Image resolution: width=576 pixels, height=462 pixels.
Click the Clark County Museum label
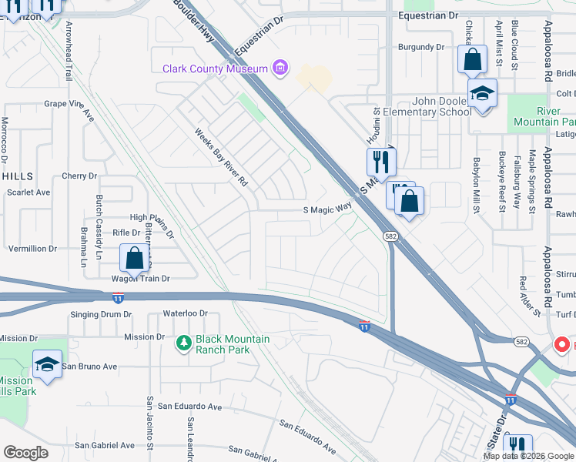(215, 69)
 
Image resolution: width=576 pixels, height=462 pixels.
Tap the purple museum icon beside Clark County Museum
(281, 69)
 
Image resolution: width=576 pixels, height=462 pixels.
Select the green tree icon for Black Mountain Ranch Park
(184, 342)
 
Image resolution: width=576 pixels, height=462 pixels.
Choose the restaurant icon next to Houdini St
(380, 162)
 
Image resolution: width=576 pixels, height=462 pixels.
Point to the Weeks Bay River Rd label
(222, 157)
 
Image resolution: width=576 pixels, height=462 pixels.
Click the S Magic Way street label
(327, 207)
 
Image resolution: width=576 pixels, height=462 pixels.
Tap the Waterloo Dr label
(186, 313)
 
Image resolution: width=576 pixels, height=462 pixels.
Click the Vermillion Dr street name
(32, 249)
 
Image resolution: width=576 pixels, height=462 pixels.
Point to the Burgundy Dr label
(421, 47)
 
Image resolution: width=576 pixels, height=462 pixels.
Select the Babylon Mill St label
(477, 185)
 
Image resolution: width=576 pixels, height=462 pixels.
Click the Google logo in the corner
(26, 453)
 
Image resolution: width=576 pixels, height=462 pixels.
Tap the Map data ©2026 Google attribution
(528, 456)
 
